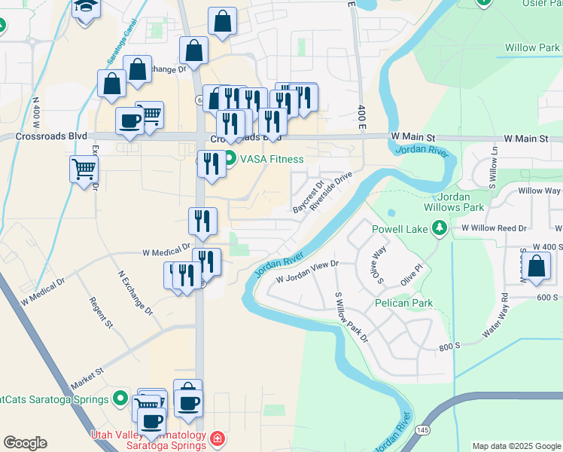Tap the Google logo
click(25, 443)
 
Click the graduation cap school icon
click(86, 7)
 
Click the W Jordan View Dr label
click(308, 272)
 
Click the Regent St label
click(101, 313)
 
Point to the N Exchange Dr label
click(135, 293)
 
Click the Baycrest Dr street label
click(307, 195)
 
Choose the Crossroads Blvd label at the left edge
click(44, 137)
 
